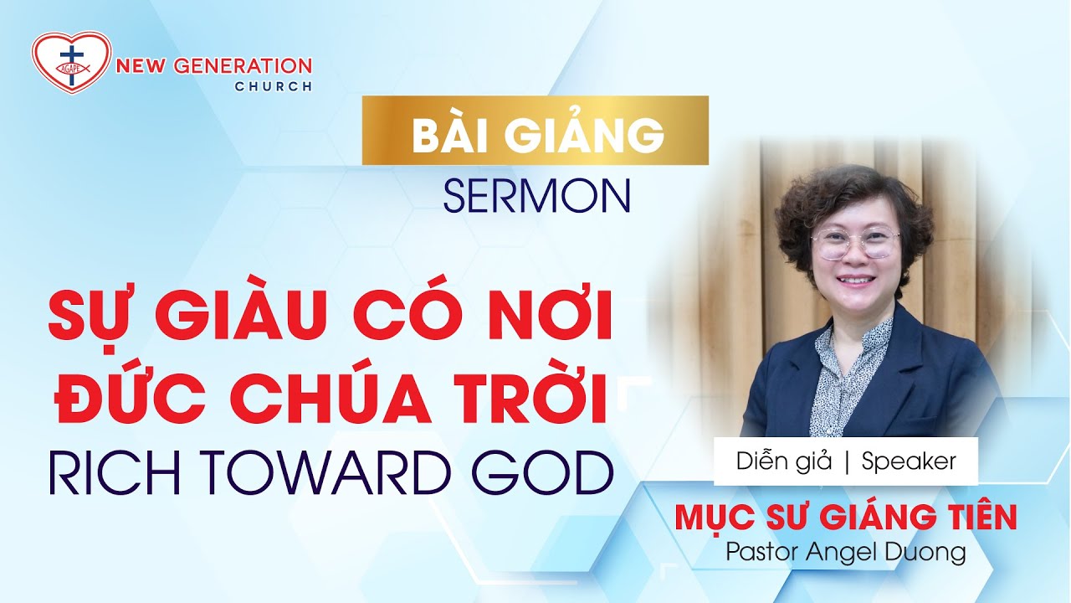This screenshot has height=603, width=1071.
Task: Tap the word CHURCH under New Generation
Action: coord(274,86)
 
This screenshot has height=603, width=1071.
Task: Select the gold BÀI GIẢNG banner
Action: coord(535,131)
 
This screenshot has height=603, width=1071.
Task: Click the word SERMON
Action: coord(536,196)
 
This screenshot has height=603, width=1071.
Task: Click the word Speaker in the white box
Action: coord(909,461)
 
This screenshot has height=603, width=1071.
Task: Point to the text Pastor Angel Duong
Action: coord(846,552)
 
